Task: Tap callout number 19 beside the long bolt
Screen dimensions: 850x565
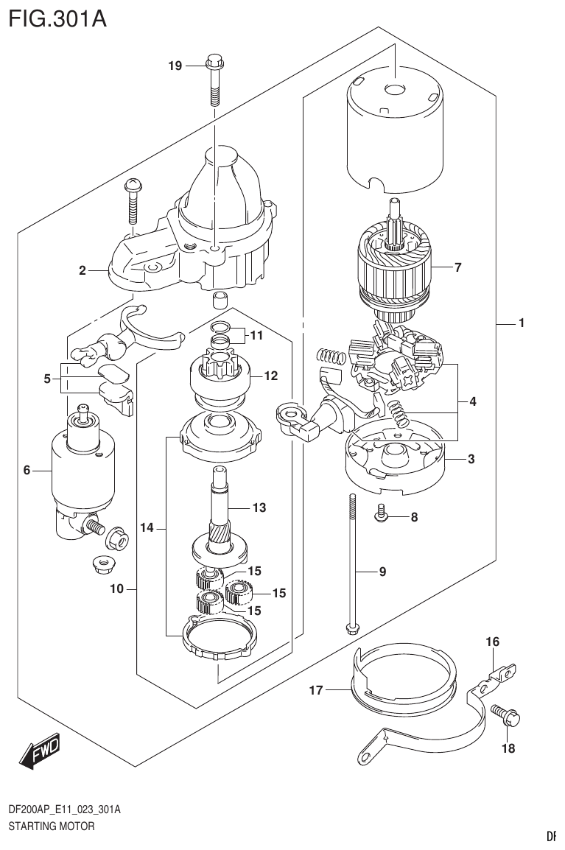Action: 175,66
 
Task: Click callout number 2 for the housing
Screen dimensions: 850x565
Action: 83,271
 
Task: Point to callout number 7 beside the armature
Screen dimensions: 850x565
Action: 457,267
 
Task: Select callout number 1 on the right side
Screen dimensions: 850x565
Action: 521,323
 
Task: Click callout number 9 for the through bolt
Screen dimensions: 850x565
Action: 382,571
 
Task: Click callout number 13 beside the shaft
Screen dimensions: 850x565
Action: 259,507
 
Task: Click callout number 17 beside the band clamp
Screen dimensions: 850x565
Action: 316,690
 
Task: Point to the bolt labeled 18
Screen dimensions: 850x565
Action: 508,714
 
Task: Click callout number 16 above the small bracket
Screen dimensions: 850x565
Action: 492,642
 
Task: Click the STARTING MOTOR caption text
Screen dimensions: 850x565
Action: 51,826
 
